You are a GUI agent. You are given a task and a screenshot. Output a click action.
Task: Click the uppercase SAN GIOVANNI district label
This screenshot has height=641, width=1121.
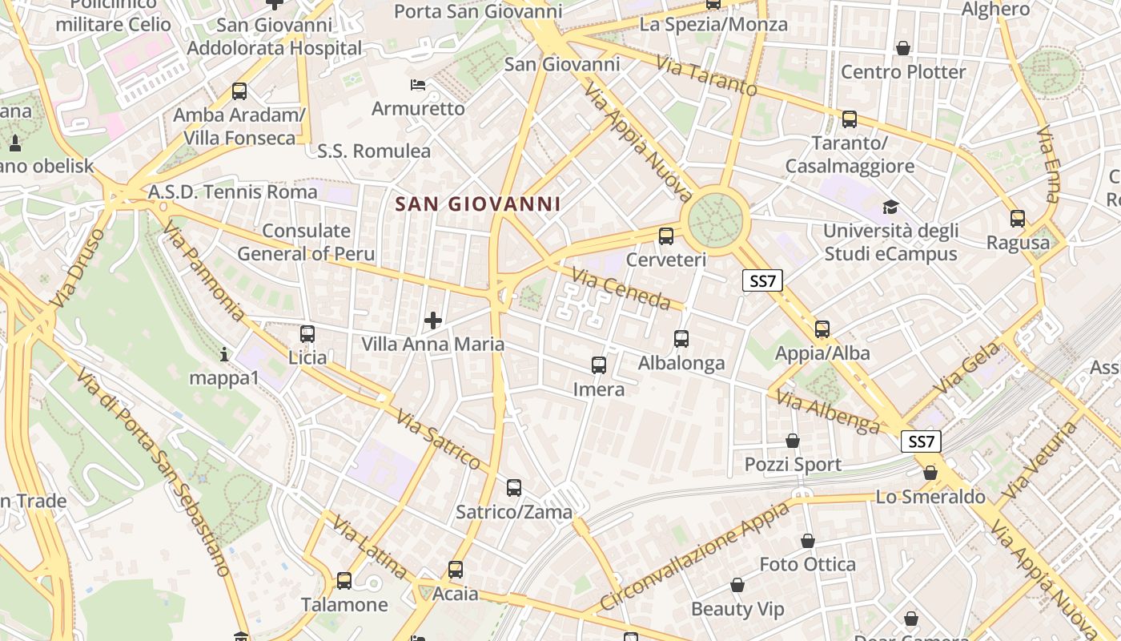pos(478,204)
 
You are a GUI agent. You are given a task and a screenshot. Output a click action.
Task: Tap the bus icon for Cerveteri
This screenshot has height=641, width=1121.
pos(665,236)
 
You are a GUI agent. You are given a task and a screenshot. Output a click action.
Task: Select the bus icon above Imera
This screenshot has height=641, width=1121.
pos(598,365)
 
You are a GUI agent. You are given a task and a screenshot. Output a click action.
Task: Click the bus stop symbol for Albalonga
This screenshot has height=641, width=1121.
pos(681,339)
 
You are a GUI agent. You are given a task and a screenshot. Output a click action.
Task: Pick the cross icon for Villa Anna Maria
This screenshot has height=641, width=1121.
pos(433,321)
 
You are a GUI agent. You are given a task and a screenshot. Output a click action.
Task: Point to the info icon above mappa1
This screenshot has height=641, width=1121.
pos(224,353)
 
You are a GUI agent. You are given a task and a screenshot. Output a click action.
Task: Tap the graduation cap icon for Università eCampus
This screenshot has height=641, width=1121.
pos(890,208)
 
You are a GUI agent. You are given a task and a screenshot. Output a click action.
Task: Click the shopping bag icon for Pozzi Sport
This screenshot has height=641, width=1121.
pos(793,441)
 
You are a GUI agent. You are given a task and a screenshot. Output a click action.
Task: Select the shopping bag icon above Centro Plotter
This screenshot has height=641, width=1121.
pos(903,48)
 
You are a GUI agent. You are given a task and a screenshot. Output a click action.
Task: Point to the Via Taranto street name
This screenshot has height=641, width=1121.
pos(706,75)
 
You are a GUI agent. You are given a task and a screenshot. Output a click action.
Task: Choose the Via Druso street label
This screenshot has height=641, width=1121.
pos(78,268)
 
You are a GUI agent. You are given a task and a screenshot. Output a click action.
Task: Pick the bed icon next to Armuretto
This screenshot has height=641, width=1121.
pos(417,85)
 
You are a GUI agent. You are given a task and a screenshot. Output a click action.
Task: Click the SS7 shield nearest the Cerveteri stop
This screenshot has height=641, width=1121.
pos(762,280)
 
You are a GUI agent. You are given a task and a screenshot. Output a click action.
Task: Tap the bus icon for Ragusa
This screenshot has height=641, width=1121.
pos(1018,218)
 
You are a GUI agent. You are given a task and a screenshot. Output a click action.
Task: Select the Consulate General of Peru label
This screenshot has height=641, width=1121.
pos(307,242)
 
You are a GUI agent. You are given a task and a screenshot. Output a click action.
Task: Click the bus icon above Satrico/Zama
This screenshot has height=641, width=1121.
pos(514,487)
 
